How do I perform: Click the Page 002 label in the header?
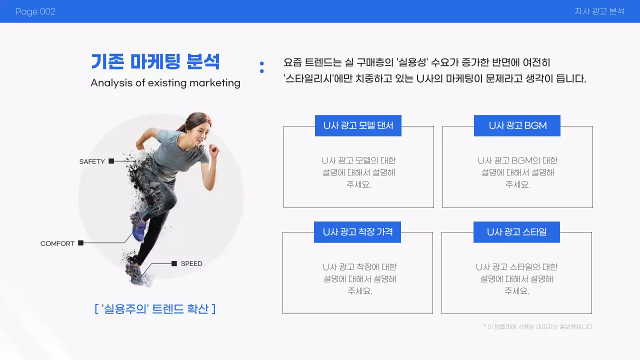35,11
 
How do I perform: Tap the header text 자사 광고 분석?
599,11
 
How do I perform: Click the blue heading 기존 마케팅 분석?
155,61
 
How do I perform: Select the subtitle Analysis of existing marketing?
165,83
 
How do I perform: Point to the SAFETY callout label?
92,161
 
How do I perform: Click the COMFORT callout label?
57,243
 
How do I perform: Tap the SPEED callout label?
191,263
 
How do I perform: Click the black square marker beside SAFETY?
111,161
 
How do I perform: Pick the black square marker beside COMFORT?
80,243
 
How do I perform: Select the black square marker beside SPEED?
174,263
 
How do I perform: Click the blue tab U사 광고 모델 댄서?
358,125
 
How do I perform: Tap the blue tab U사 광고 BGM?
517,125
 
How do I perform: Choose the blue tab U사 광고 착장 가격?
357,232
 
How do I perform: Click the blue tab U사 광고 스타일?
516,232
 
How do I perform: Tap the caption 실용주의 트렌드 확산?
154,308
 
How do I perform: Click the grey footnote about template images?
538,327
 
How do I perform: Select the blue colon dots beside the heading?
261,67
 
